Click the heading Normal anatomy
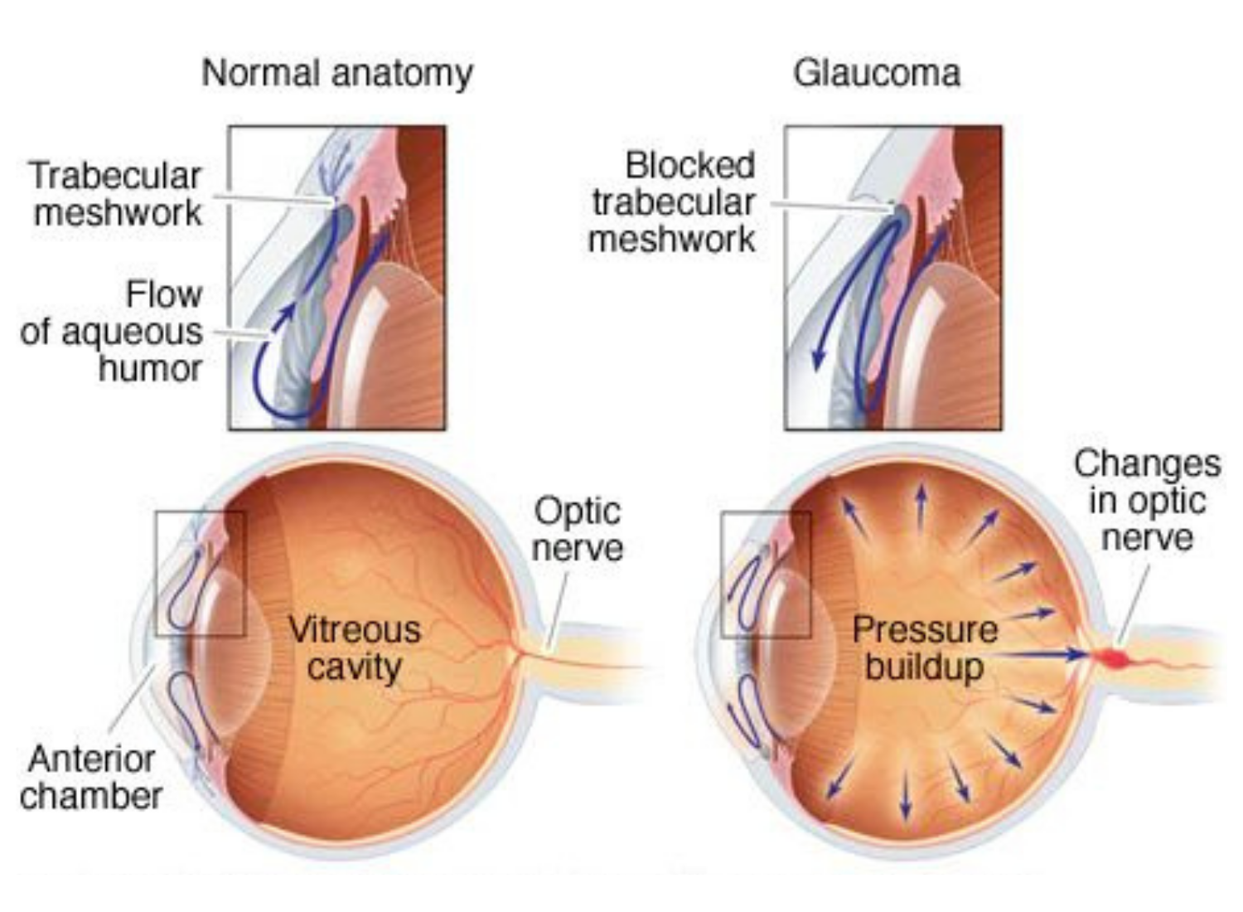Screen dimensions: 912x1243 (x=337, y=73)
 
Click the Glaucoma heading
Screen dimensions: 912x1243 (x=877, y=73)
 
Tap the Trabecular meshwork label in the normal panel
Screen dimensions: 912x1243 (x=116, y=194)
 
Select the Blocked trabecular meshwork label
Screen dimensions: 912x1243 (x=673, y=202)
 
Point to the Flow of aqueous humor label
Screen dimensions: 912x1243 (x=113, y=332)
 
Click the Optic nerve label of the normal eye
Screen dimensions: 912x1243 (x=577, y=529)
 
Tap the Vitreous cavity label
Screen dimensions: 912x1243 (x=354, y=648)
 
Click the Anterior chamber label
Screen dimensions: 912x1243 (x=91, y=777)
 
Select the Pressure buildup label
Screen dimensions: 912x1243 (x=924, y=648)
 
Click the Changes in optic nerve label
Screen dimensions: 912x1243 (x=1147, y=500)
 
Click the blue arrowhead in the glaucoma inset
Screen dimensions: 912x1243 (x=819, y=358)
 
